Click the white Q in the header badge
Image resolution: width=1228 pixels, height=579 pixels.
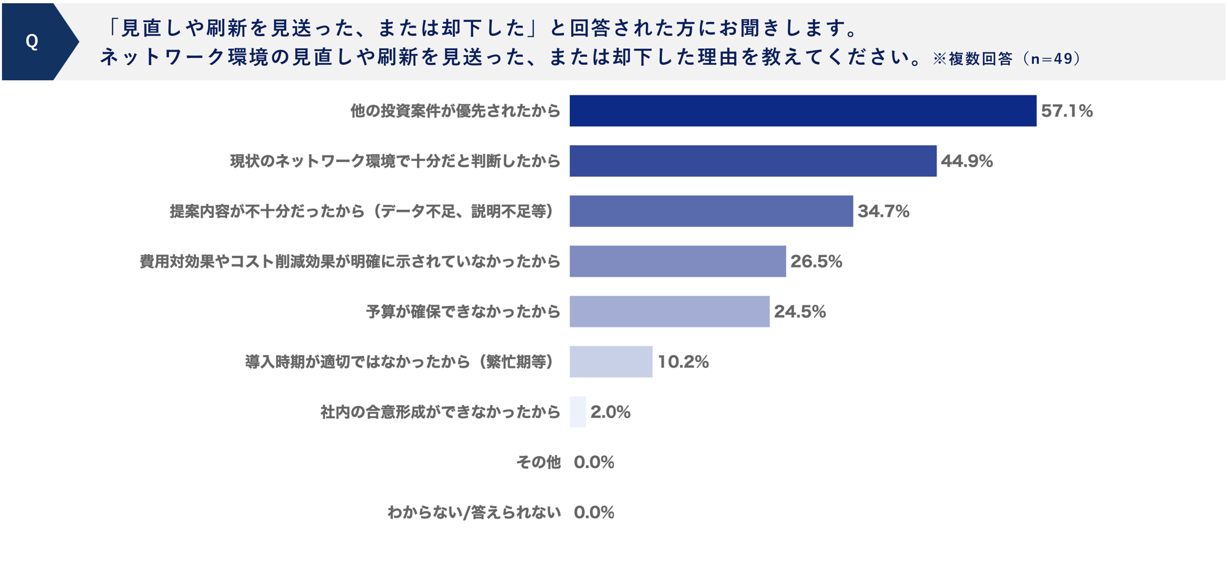coord(32,42)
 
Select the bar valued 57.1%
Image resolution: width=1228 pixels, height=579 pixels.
coord(803,111)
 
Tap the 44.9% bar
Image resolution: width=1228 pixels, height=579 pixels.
coord(752,161)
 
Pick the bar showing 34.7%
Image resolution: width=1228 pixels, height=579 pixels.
coord(711,211)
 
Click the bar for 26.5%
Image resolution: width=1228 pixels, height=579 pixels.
coord(677,261)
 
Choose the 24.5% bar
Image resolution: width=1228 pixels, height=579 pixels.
coord(669,312)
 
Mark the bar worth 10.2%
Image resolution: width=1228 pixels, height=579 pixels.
coord(610,362)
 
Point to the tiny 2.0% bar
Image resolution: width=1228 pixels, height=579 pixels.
coord(577,412)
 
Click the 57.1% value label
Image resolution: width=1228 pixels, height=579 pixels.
coord(1066,111)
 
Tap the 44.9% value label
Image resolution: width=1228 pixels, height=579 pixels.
coord(967,161)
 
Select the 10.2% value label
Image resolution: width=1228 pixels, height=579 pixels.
coord(683,362)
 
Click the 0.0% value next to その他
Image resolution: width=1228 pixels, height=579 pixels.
coord(594,462)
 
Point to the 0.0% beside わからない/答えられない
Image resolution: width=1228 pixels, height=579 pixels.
coord(594,512)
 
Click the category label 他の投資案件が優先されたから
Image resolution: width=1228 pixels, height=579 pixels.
coord(455,111)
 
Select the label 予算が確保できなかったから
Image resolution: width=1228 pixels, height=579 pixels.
coord(463,312)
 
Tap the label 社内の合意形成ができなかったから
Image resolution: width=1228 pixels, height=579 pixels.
coord(440,412)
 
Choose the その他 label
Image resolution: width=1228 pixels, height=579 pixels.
coord(538,462)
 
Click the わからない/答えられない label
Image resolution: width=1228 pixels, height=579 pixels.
coord(474,512)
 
